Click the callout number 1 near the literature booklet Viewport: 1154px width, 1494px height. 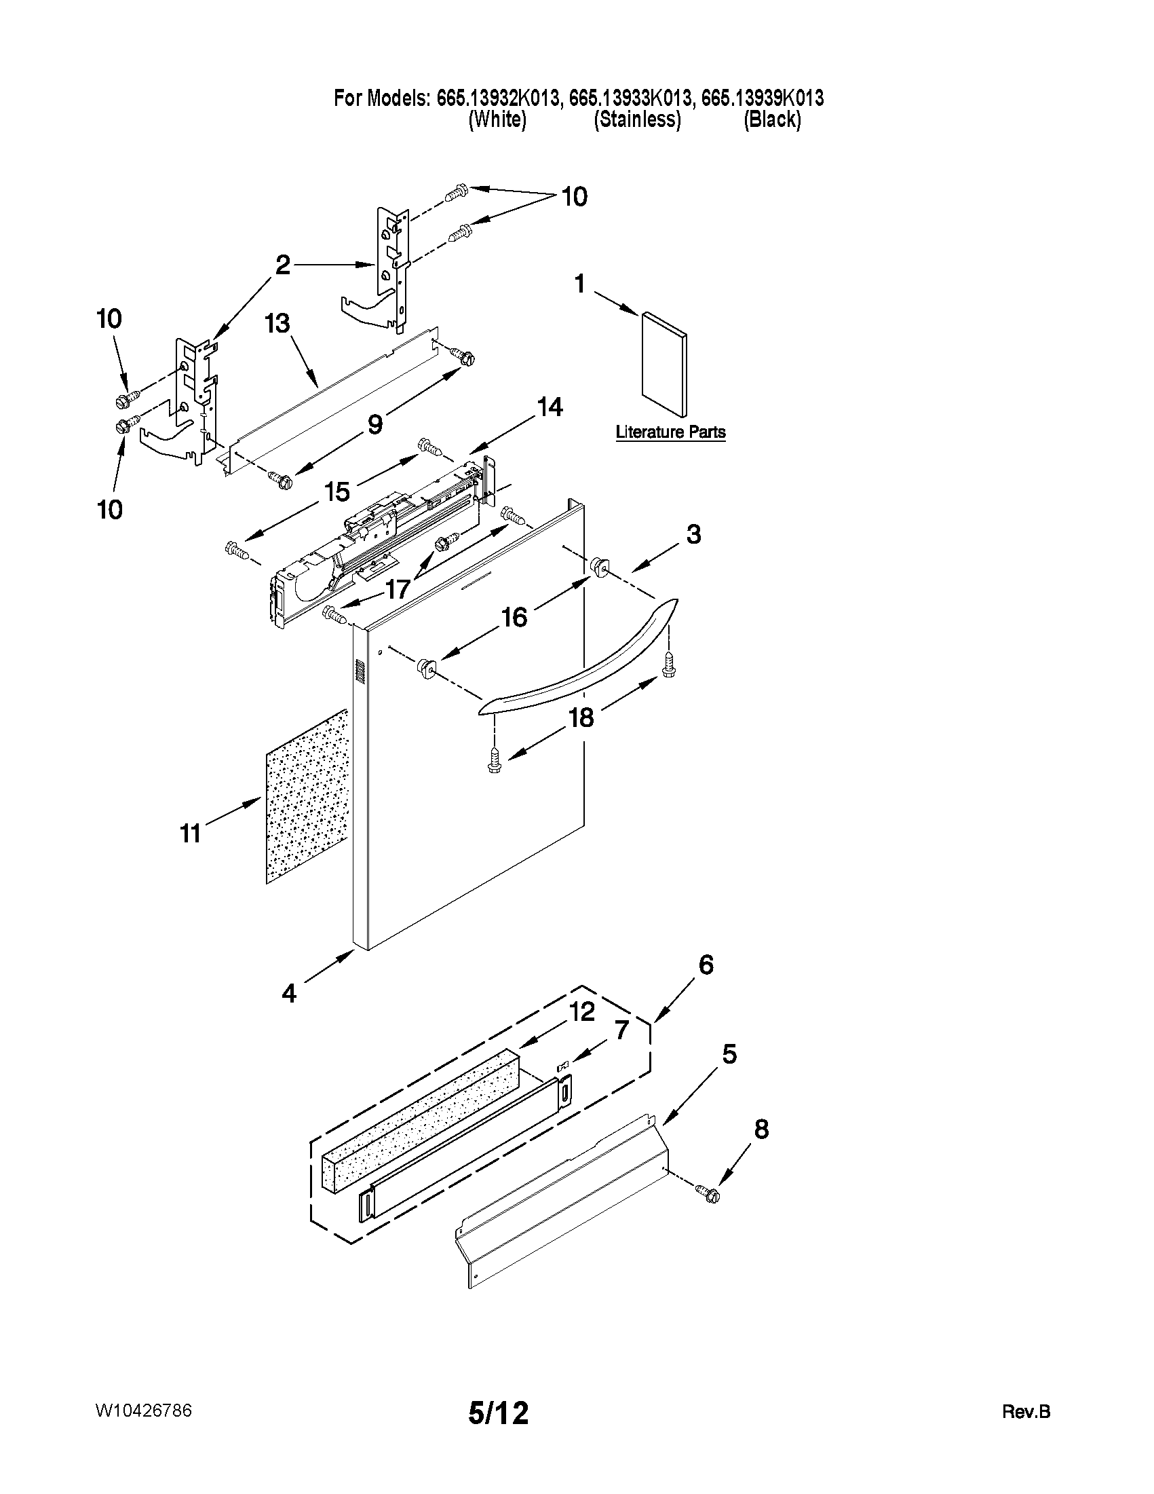(x=580, y=283)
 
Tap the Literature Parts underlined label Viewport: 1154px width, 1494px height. (x=670, y=432)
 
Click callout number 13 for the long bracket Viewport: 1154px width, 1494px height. (x=277, y=324)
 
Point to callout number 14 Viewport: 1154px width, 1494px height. (x=550, y=408)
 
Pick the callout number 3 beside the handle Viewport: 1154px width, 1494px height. (x=693, y=534)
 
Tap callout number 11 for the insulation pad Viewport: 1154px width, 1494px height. (x=190, y=833)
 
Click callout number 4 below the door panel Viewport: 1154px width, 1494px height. (x=289, y=993)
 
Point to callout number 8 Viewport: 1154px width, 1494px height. (x=761, y=1129)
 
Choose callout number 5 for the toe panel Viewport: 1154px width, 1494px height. (x=729, y=1054)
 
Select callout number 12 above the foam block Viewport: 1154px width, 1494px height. (x=583, y=1011)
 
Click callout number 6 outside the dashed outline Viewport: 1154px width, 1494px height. (x=706, y=965)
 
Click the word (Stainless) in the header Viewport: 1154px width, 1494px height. (x=636, y=119)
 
